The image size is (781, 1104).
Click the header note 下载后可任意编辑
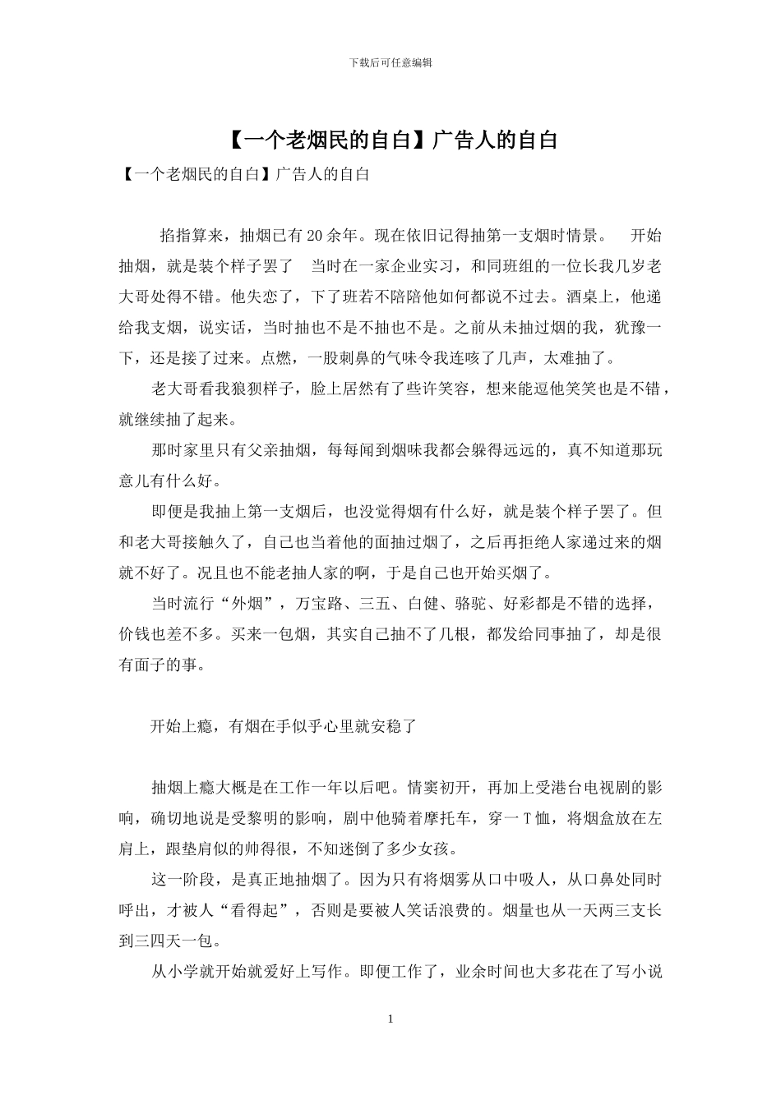[390, 62]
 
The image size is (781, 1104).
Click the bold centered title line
[391, 140]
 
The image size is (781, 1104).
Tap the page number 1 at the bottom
[390, 1019]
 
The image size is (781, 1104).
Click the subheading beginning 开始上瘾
[284, 726]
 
